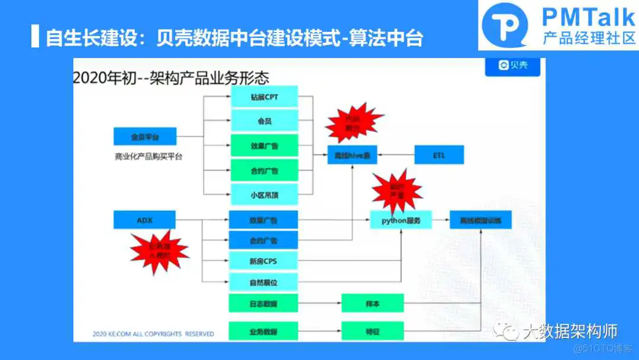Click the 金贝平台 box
[x=145, y=137]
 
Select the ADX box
[x=145, y=220]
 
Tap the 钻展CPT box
[x=263, y=97]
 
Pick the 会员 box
[x=263, y=121]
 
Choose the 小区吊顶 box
[x=263, y=194]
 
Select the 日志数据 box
[x=263, y=304]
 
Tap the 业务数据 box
[x=263, y=331]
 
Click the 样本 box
[x=372, y=304]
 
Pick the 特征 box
[x=372, y=331]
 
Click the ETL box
[x=439, y=155]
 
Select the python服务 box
[x=401, y=220]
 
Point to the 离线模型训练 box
[x=480, y=220]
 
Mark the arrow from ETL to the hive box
[x=396, y=155]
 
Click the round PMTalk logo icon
[x=505, y=25]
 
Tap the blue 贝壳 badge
[x=513, y=65]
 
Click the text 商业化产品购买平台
[x=149, y=157]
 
